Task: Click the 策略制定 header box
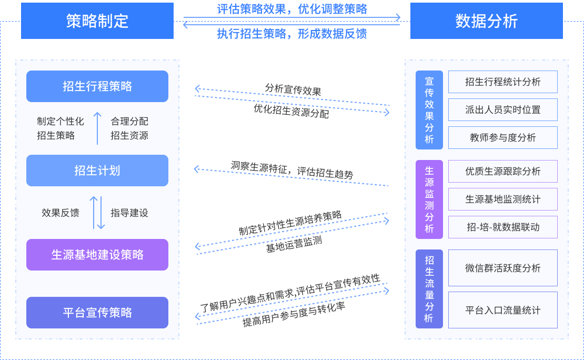pos(97,21)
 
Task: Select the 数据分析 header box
pos(486,21)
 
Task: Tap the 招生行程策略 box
pos(97,86)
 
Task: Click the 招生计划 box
pos(97,171)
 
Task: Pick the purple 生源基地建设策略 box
pos(97,255)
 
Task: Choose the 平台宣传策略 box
pos(97,313)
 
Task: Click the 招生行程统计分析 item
pos(502,82)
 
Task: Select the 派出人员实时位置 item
pos(502,110)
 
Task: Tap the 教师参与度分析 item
pos(502,138)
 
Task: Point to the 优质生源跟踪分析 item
pos(502,172)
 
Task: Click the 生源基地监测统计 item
pos(502,199)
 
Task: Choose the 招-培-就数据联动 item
pos(502,227)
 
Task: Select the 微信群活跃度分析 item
pos(502,268)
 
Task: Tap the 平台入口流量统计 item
pos(502,310)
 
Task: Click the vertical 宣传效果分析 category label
pos(429,110)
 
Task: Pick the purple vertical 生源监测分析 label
pos(429,199)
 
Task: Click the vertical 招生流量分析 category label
pos(429,289)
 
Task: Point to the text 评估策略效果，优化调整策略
pos(292,9)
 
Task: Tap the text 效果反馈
pos(61,213)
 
